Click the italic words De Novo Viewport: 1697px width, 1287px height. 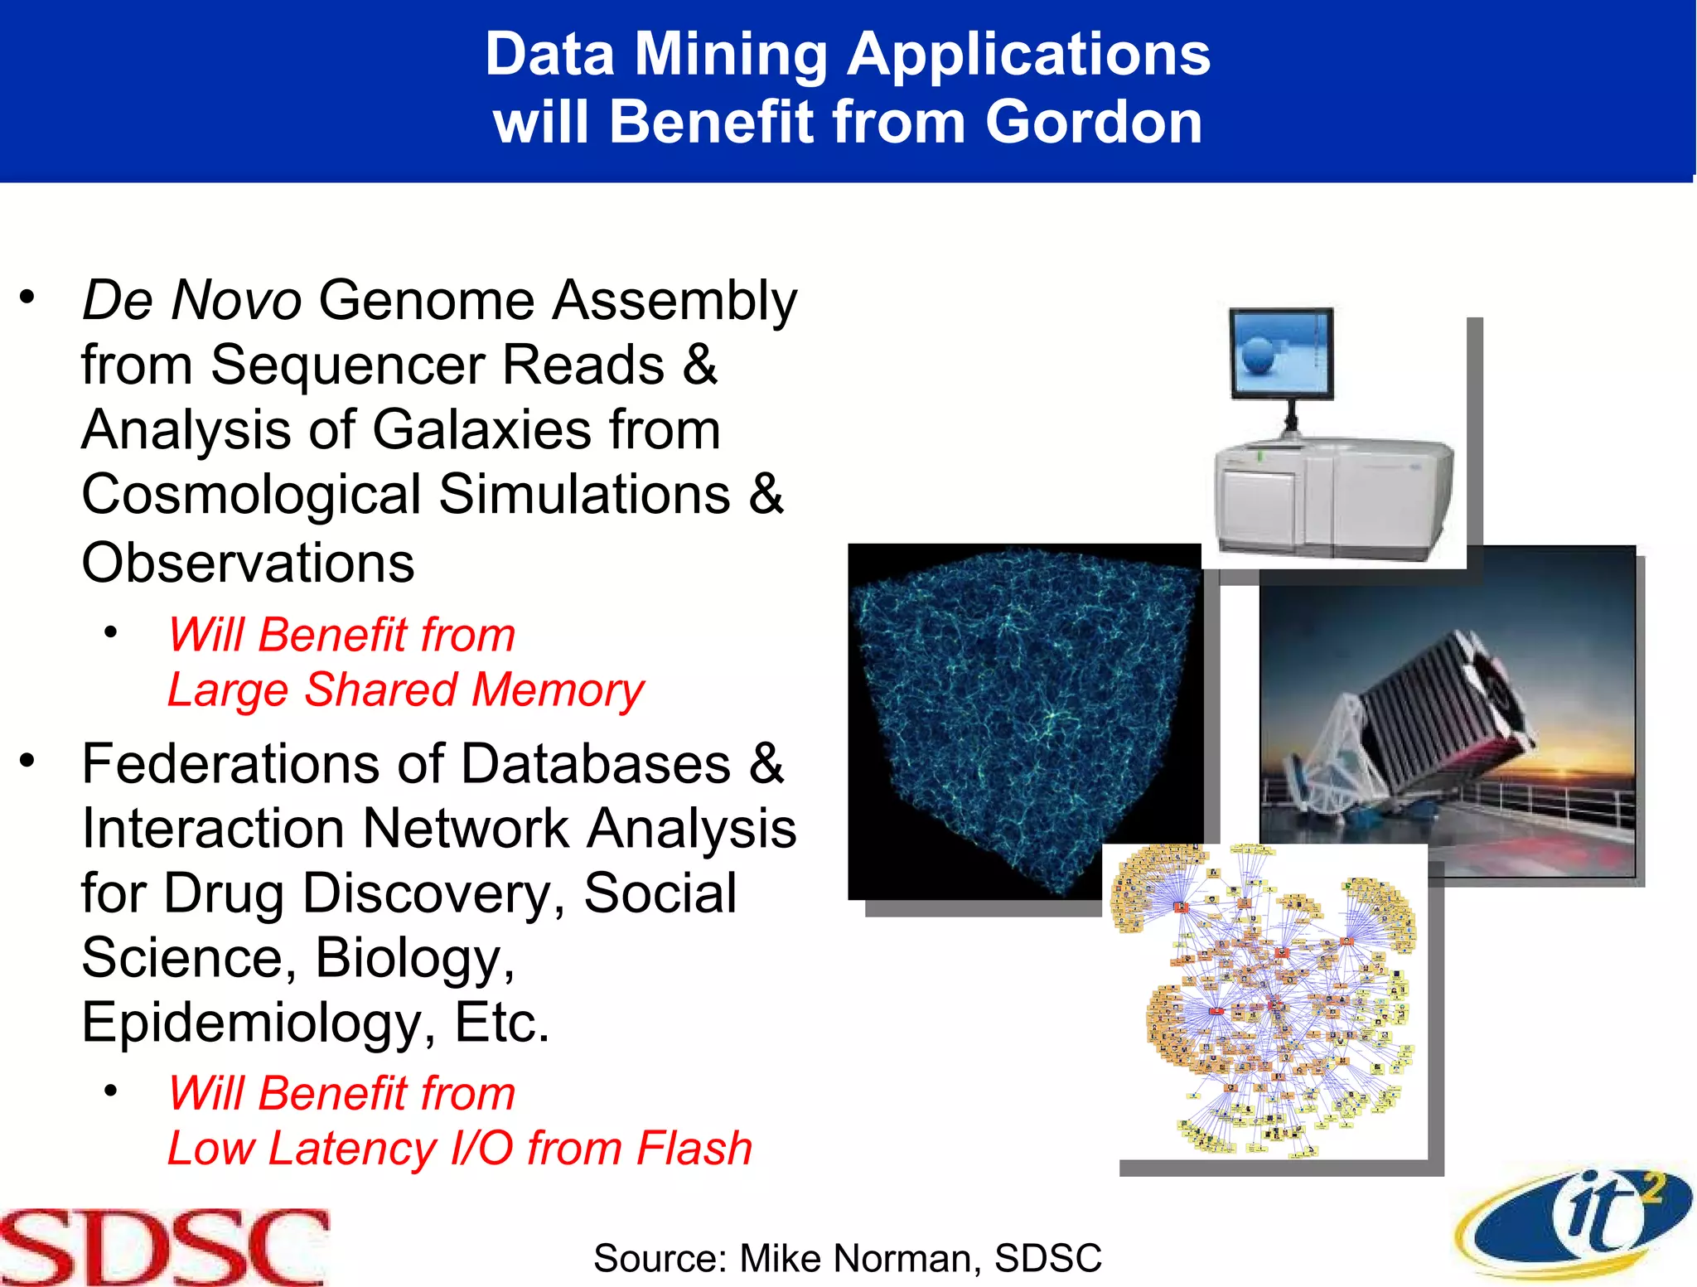(x=191, y=300)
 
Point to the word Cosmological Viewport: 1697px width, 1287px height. (x=251, y=495)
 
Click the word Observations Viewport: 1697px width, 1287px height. (x=248, y=563)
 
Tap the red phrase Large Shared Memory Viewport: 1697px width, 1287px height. (x=405, y=690)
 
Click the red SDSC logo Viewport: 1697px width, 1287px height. (x=164, y=1246)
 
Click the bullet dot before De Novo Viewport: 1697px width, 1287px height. (x=28, y=297)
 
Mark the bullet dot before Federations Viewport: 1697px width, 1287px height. (x=28, y=760)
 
